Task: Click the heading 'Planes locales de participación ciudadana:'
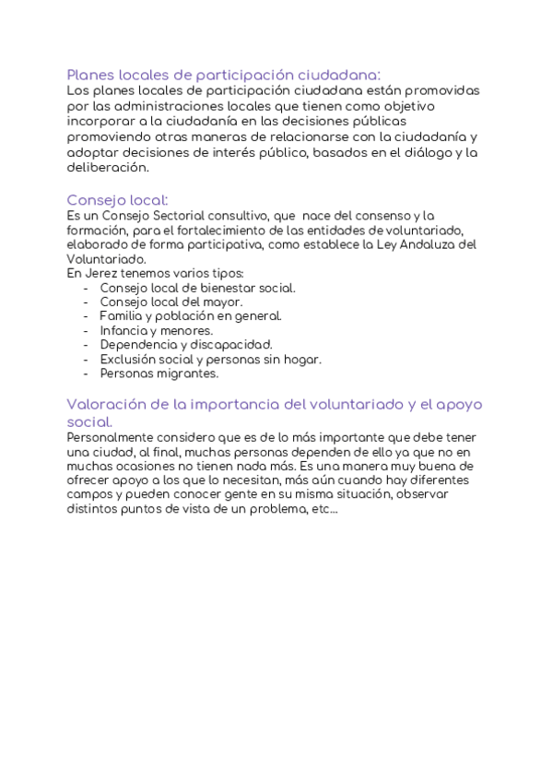pos(224,75)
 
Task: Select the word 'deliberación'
pos(107,168)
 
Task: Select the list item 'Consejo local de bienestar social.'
pos(197,288)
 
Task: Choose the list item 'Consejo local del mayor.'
pos(171,302)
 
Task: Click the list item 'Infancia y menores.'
pos(156,330)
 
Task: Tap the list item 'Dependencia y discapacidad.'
pos(185,345)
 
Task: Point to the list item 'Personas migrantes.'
pos(159,373)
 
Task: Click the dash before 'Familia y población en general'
pos(86,316)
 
